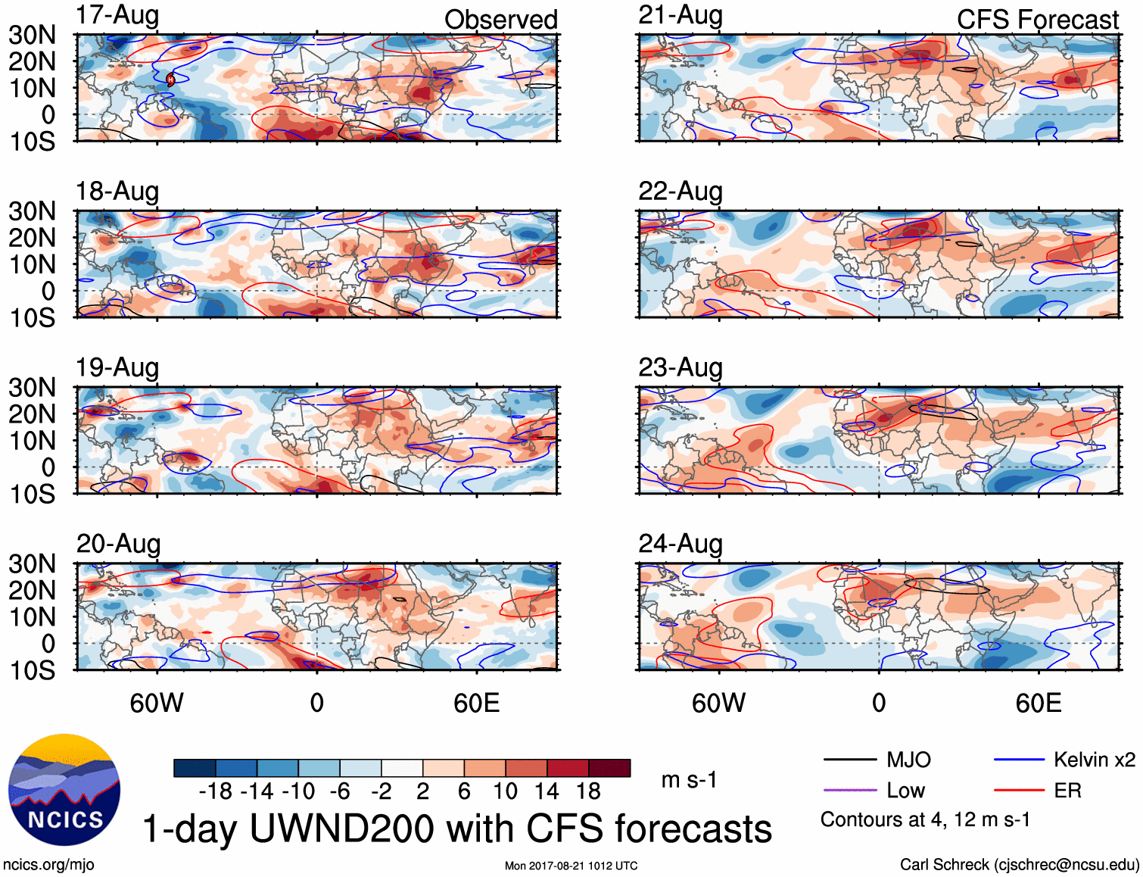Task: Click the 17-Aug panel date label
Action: [x=117, y=15]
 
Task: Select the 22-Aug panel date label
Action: [x=680, y=192]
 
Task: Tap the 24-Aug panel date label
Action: [x=680, y=544]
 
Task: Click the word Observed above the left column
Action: [x=500, y=20]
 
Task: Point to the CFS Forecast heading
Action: [x=1037, y=20]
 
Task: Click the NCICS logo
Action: [x=64, y=790]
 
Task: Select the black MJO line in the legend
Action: [x=849, y=760]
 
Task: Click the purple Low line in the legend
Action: [x=849, y=791]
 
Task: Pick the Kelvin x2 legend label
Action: [x=1094, y=760]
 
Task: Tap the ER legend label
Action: [x=1067, y=791]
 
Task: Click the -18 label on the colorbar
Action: [x=216, y=791]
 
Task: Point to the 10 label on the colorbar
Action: [x=505, y=791]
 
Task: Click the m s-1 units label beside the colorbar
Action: [x=689, y=780]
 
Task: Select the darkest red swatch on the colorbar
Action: [x=609, y=768]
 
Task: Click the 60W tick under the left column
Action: [x=157, y=703]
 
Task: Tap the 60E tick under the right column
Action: [x=1038, y=703]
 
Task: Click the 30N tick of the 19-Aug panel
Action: [x=32, y=388]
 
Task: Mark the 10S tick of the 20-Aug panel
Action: [x=32, y=670]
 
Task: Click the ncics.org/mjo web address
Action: [x=48, y=865]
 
